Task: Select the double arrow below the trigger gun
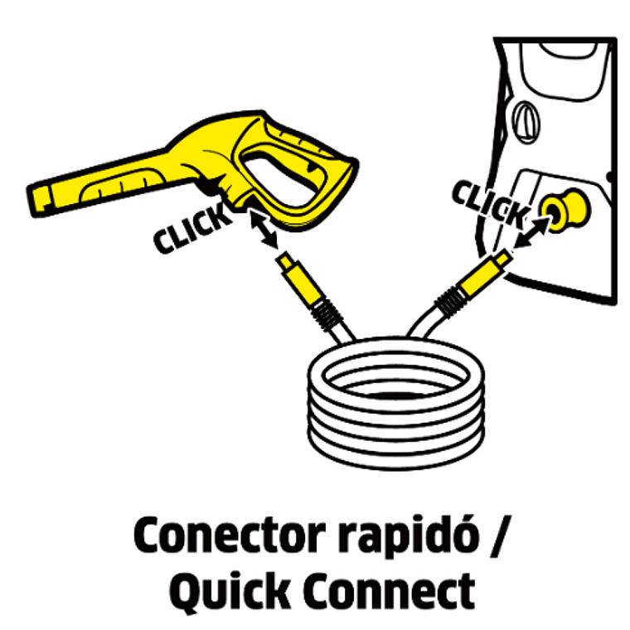coord(263,229)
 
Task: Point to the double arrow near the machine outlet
coord(531,232)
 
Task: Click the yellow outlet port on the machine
coord(564,210)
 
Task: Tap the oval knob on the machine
coord(526,123)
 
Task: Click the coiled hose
coord(396,403)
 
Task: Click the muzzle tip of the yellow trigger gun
coord(37,200)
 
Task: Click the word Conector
coord(229,537)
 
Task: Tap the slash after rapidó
coord(499,537)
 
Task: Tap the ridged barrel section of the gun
coord(120,186)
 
